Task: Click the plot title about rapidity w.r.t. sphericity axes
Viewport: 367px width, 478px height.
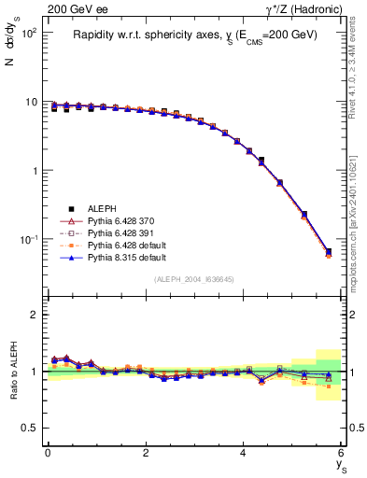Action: point(195,35)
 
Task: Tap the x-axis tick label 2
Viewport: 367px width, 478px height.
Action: point(146,452)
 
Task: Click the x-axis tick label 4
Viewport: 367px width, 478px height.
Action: point(243,452)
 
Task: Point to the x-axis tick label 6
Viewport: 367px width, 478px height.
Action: point(341,452)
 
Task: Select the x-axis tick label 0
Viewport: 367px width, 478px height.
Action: point(48,452)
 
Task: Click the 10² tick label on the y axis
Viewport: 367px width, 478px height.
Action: point(29,33)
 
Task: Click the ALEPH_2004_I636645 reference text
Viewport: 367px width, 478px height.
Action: point(194,279)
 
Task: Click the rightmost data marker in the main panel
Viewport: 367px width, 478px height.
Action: point(328,252)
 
